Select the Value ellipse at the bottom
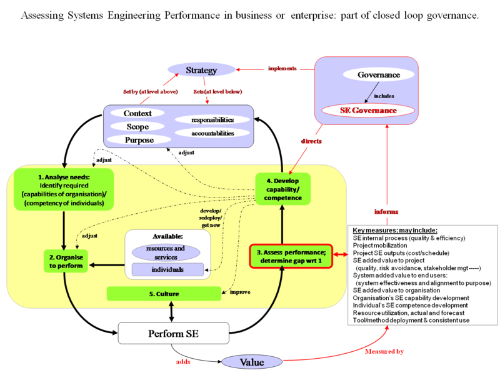(x=251, y=362)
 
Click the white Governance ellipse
(x=378, y=74)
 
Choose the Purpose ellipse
(x=139, y=139)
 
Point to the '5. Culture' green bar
(x=164, y=292)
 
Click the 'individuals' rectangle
(x=167, y=270)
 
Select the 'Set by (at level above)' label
(x=150, y=92)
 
